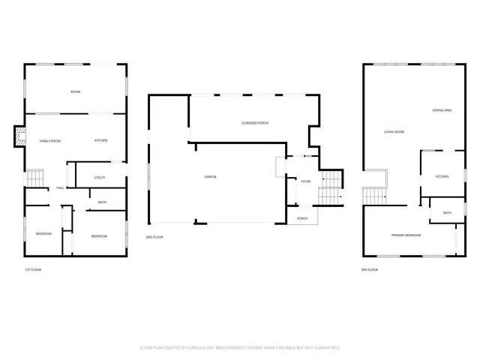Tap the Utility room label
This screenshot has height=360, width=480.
100,178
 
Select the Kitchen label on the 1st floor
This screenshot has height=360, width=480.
100,141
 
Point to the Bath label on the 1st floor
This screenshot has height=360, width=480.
102,202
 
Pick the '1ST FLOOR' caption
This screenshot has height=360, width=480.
32,269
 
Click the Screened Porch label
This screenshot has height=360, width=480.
255,123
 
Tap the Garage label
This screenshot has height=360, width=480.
211,177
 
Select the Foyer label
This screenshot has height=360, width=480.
305,181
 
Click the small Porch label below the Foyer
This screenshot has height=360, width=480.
303,218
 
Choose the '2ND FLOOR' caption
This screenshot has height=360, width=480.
154,237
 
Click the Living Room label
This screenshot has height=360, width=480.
394,132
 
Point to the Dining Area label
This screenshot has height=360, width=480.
442,110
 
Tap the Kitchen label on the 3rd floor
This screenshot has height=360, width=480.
442,176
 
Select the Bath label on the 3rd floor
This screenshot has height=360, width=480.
447,213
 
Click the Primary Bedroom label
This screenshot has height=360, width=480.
406,235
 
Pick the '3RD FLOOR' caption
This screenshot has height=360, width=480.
369,269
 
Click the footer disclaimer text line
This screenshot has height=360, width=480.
240,348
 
